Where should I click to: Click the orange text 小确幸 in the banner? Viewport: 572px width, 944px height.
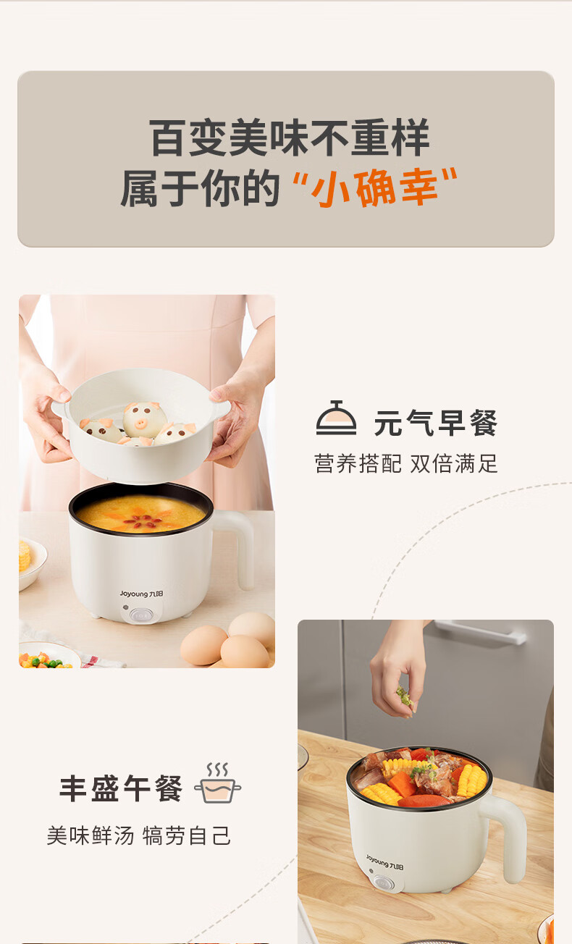click(374, 187)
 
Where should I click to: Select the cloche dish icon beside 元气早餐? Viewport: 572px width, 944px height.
click(336, 418)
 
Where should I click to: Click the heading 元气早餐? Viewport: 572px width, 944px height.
click(435, 422)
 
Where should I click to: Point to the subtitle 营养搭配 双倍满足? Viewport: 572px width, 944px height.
click(406, 463)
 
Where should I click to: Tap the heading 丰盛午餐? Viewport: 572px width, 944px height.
click(121, 788)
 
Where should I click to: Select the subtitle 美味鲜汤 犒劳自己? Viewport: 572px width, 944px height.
click(139, 835)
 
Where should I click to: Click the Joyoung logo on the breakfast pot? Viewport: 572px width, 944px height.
click(141, 594)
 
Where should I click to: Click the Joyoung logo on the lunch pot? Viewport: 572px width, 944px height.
click(384, 862)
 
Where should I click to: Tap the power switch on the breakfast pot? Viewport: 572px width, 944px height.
click(140, 616)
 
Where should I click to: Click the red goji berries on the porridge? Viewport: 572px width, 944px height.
click(142, 523)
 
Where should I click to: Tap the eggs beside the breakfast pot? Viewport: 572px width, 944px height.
click(229, 640)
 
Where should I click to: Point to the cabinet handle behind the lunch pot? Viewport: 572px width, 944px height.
click(481, 631)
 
